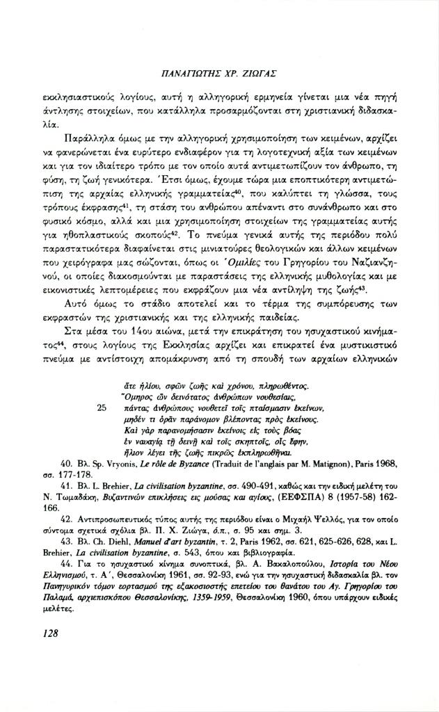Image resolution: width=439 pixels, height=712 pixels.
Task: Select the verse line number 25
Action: coord(102,409)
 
